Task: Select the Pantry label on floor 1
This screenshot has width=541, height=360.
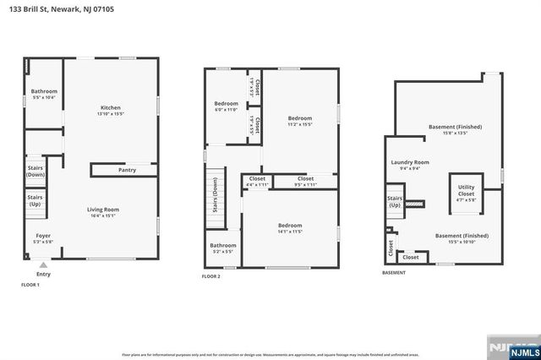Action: [127, 170]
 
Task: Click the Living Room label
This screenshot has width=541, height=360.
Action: [103, 212]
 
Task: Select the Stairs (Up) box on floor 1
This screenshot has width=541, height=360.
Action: [36, 201]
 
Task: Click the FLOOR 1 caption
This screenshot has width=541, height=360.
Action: [30, 286]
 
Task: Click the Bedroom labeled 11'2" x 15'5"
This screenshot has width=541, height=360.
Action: [300, 121]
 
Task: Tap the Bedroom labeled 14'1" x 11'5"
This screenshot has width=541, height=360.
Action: [291, 228]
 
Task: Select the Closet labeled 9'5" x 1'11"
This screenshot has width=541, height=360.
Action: [305, 181]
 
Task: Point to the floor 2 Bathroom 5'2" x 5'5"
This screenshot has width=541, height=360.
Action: [223, 248]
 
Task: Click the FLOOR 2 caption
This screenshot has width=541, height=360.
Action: [210, 276]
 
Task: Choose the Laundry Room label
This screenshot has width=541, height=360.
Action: [410, 164]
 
